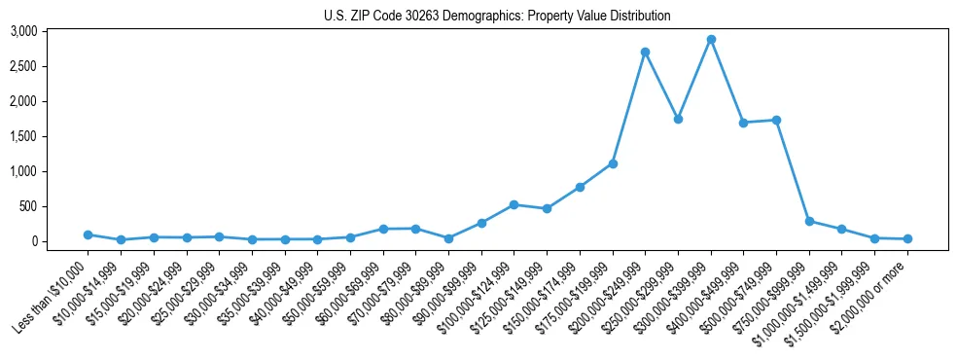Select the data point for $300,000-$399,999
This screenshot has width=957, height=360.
pyautogui.click(x=711, y=40)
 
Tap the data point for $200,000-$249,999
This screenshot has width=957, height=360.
pyautogui.click(x=645, y=52)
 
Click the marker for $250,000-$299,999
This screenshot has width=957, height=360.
pyautogui.click(x=678, y=119)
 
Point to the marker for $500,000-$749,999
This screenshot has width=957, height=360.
pyautogui.click(x=776, y=120)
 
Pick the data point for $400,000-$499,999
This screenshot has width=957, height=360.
pyautogui.click(x=743, y=123)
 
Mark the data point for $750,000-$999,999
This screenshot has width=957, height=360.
pyautogui.click(x=809, y=221)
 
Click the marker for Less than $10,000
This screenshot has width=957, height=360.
pyautogui.click(x=88, y=234)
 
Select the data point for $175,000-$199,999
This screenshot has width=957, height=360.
pyautogui.click(x=613, y=163)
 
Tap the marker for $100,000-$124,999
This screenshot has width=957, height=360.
pyautogui.click(x=514, y=204)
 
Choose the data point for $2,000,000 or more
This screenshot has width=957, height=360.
pyautogui.click(x=907, y=238)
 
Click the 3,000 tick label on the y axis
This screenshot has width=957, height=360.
pyautogui.click(x=51, y=31)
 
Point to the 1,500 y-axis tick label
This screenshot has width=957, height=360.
pyautogui.click(x=51, y=136)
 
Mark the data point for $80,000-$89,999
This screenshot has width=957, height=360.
pyautogui.click(x=448, y=238)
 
